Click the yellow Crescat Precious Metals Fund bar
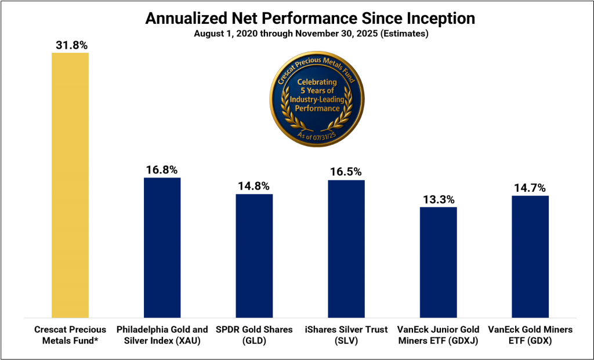(70, 185)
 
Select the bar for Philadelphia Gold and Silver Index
(162, 248)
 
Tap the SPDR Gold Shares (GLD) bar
(254, 256)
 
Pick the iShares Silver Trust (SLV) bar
(346, 249)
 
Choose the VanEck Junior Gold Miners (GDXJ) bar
(439, 262)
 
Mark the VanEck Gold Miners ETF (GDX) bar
(530, 256)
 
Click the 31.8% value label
(70, 44)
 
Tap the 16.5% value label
(346, 172)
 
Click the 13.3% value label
(439, 199)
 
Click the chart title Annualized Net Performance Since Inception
(310, 19)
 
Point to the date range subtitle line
(310, 34)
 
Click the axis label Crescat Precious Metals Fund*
(70, 335)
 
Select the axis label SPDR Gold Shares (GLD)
(254, 335)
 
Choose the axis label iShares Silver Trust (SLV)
(346, 335)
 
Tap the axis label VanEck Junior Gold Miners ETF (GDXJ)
(439, 335)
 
